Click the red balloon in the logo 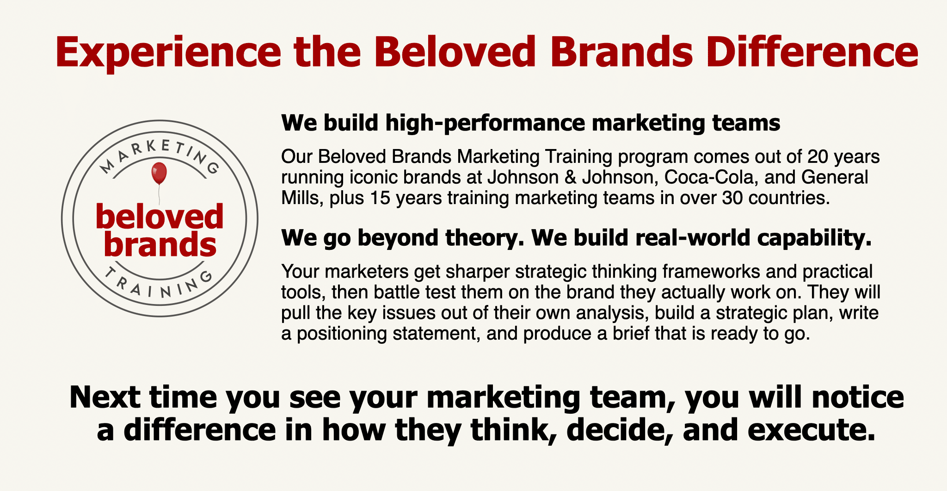coord(159,174)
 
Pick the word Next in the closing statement coord(105,397)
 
